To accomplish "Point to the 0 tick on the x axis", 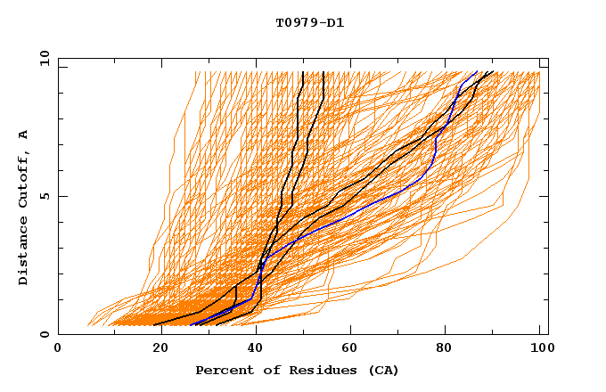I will [58, 348].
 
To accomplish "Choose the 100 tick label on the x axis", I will [538, 348].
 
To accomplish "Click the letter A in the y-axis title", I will [24, 134].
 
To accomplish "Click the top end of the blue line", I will [477, 72].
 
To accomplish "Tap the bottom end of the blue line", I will [191, 325].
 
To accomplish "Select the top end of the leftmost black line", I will [303, 72].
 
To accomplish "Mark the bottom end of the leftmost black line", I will [160, 325].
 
